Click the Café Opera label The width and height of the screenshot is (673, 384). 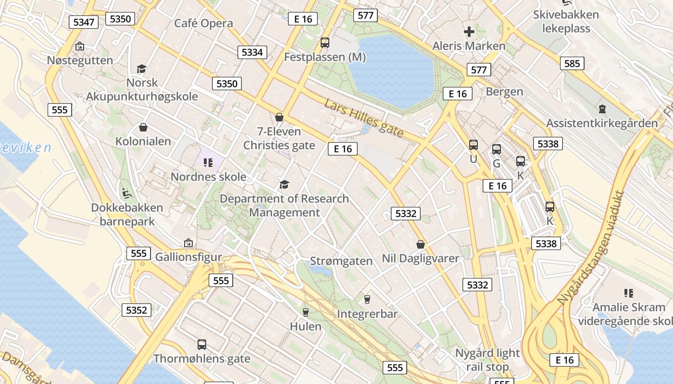[x=203, y=23]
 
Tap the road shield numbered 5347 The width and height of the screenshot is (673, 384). [x=84, y=22]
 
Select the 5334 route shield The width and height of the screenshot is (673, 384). [x=252, y=52]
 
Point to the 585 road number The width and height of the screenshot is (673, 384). [x=572, y=63]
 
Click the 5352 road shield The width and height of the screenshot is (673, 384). [x=136, y=310]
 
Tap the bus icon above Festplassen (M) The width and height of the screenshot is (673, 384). [x=325, y=43]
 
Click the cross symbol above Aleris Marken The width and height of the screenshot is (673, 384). [x=469, y=32]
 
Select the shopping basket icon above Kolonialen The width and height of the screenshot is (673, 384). [x=143, y=127]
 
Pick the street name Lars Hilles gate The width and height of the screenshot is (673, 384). [x=363, y=119]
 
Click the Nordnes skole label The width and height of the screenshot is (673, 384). [x=209, y=177]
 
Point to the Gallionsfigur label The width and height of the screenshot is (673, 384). [x=188, y=257]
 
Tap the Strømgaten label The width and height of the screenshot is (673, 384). [x=341, y=261]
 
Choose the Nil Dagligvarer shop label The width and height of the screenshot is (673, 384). [x=420, y=258]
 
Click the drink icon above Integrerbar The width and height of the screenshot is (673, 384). [x=367, y=300]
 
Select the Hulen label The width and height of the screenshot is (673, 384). [x=305, y=326]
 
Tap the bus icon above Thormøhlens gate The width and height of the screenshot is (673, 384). [x=202, y=344]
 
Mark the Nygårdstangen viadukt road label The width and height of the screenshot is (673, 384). [x=591, y=248]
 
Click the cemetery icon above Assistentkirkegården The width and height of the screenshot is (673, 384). [x=602, y=109]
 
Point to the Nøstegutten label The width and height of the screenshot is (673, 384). [x=80, y=60]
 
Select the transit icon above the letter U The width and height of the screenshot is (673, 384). [x=474, y=145]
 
